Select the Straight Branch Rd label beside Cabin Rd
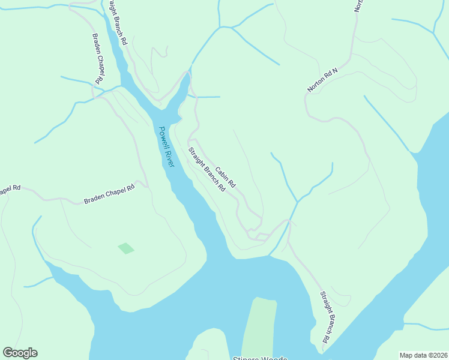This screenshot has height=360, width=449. coord(206,169)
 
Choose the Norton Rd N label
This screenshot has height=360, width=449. coord(322,80)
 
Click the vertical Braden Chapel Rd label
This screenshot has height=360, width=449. coord(97,59)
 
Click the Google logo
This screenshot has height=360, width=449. coord(20,353)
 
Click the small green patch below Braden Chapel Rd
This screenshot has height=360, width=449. coord(126,248)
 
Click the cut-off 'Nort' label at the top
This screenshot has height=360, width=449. coord(359,6)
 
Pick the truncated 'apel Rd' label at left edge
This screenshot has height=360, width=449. coord(10,190)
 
